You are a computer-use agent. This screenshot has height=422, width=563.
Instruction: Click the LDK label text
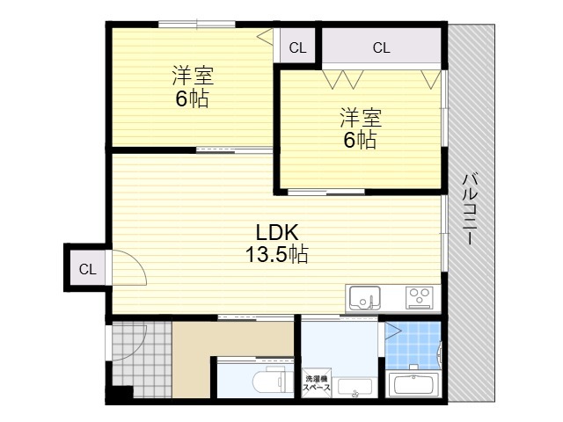277,232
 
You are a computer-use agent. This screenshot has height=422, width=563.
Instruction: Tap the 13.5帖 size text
276,254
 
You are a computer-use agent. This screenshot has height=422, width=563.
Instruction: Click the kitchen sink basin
365,298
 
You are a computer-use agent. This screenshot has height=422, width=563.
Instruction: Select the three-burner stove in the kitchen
418,297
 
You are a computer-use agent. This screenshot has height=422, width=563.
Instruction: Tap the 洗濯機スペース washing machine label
317,383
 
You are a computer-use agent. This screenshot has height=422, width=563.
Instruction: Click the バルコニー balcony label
470,209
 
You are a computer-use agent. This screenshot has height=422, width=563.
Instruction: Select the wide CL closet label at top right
381,47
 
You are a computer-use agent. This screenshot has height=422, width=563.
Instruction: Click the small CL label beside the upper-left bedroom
297,47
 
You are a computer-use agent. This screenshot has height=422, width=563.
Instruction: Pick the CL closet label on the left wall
88,269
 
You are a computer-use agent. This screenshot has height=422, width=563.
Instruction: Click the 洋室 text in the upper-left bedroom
193,76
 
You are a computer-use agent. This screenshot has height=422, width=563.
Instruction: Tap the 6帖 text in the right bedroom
360,140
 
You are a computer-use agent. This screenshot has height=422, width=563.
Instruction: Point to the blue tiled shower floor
413,345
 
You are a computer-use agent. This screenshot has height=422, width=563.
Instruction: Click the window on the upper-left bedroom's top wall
197,24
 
